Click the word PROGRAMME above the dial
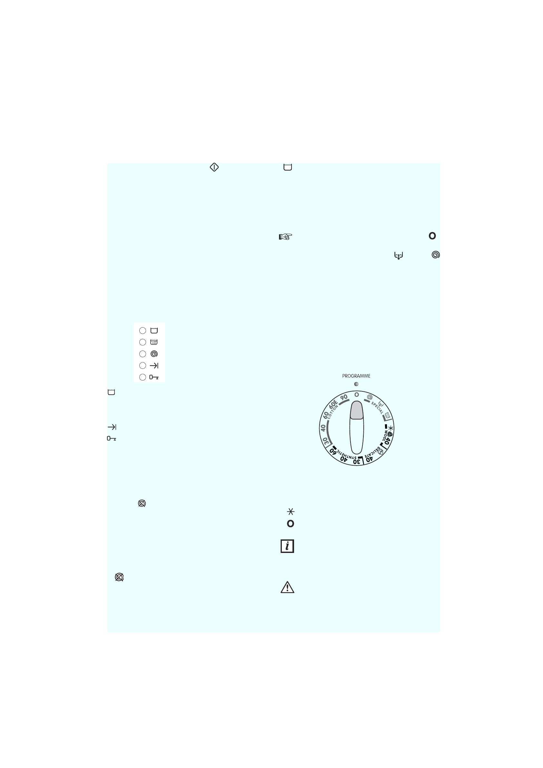tap(356, 376)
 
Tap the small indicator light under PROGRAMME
tap(356, 384)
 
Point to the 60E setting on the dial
tap(333, 404)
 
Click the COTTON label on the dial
tap(332, 412)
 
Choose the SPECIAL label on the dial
tap(377, 408)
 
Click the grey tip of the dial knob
tap(357, 410)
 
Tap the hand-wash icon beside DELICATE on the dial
tap(380, 452)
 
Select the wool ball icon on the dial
tap(390, 434)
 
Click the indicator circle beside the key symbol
tap(143, 377)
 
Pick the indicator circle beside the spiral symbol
tap(143, 354)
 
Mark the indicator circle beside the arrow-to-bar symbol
tap(143, 366)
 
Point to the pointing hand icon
tap(285, 237)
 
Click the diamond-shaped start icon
tap(214, 167)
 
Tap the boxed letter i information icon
tap(287, 546)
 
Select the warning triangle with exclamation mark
tap(287, 587)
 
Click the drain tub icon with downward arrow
tap(399, 256)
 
